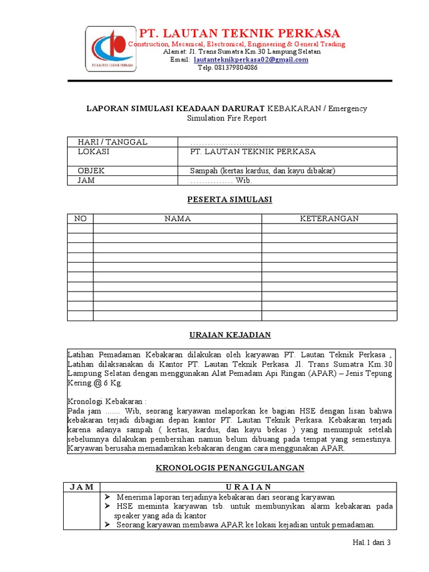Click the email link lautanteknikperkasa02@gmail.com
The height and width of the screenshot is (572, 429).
click(251, 60)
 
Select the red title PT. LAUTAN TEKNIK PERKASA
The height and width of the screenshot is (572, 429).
click(239, 33)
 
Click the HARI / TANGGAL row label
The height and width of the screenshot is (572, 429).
click(112, 142)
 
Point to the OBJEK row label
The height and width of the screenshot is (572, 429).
click(91, 170)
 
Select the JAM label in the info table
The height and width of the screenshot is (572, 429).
click(86, 180)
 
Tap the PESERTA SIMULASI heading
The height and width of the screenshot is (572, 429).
click(229, 199)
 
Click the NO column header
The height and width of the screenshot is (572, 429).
click(80, 218)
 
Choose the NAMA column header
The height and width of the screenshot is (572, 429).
click(178, 218)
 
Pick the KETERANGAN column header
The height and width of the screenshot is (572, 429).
click(330, 218)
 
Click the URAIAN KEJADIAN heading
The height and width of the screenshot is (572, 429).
click(229, 335)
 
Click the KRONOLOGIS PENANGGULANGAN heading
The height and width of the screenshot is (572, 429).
click(229, 468)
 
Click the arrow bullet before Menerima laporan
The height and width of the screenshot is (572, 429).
click(108, 497)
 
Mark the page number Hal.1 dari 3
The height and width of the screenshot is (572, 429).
click(371, 542)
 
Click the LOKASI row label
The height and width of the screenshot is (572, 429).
click(93, 151)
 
